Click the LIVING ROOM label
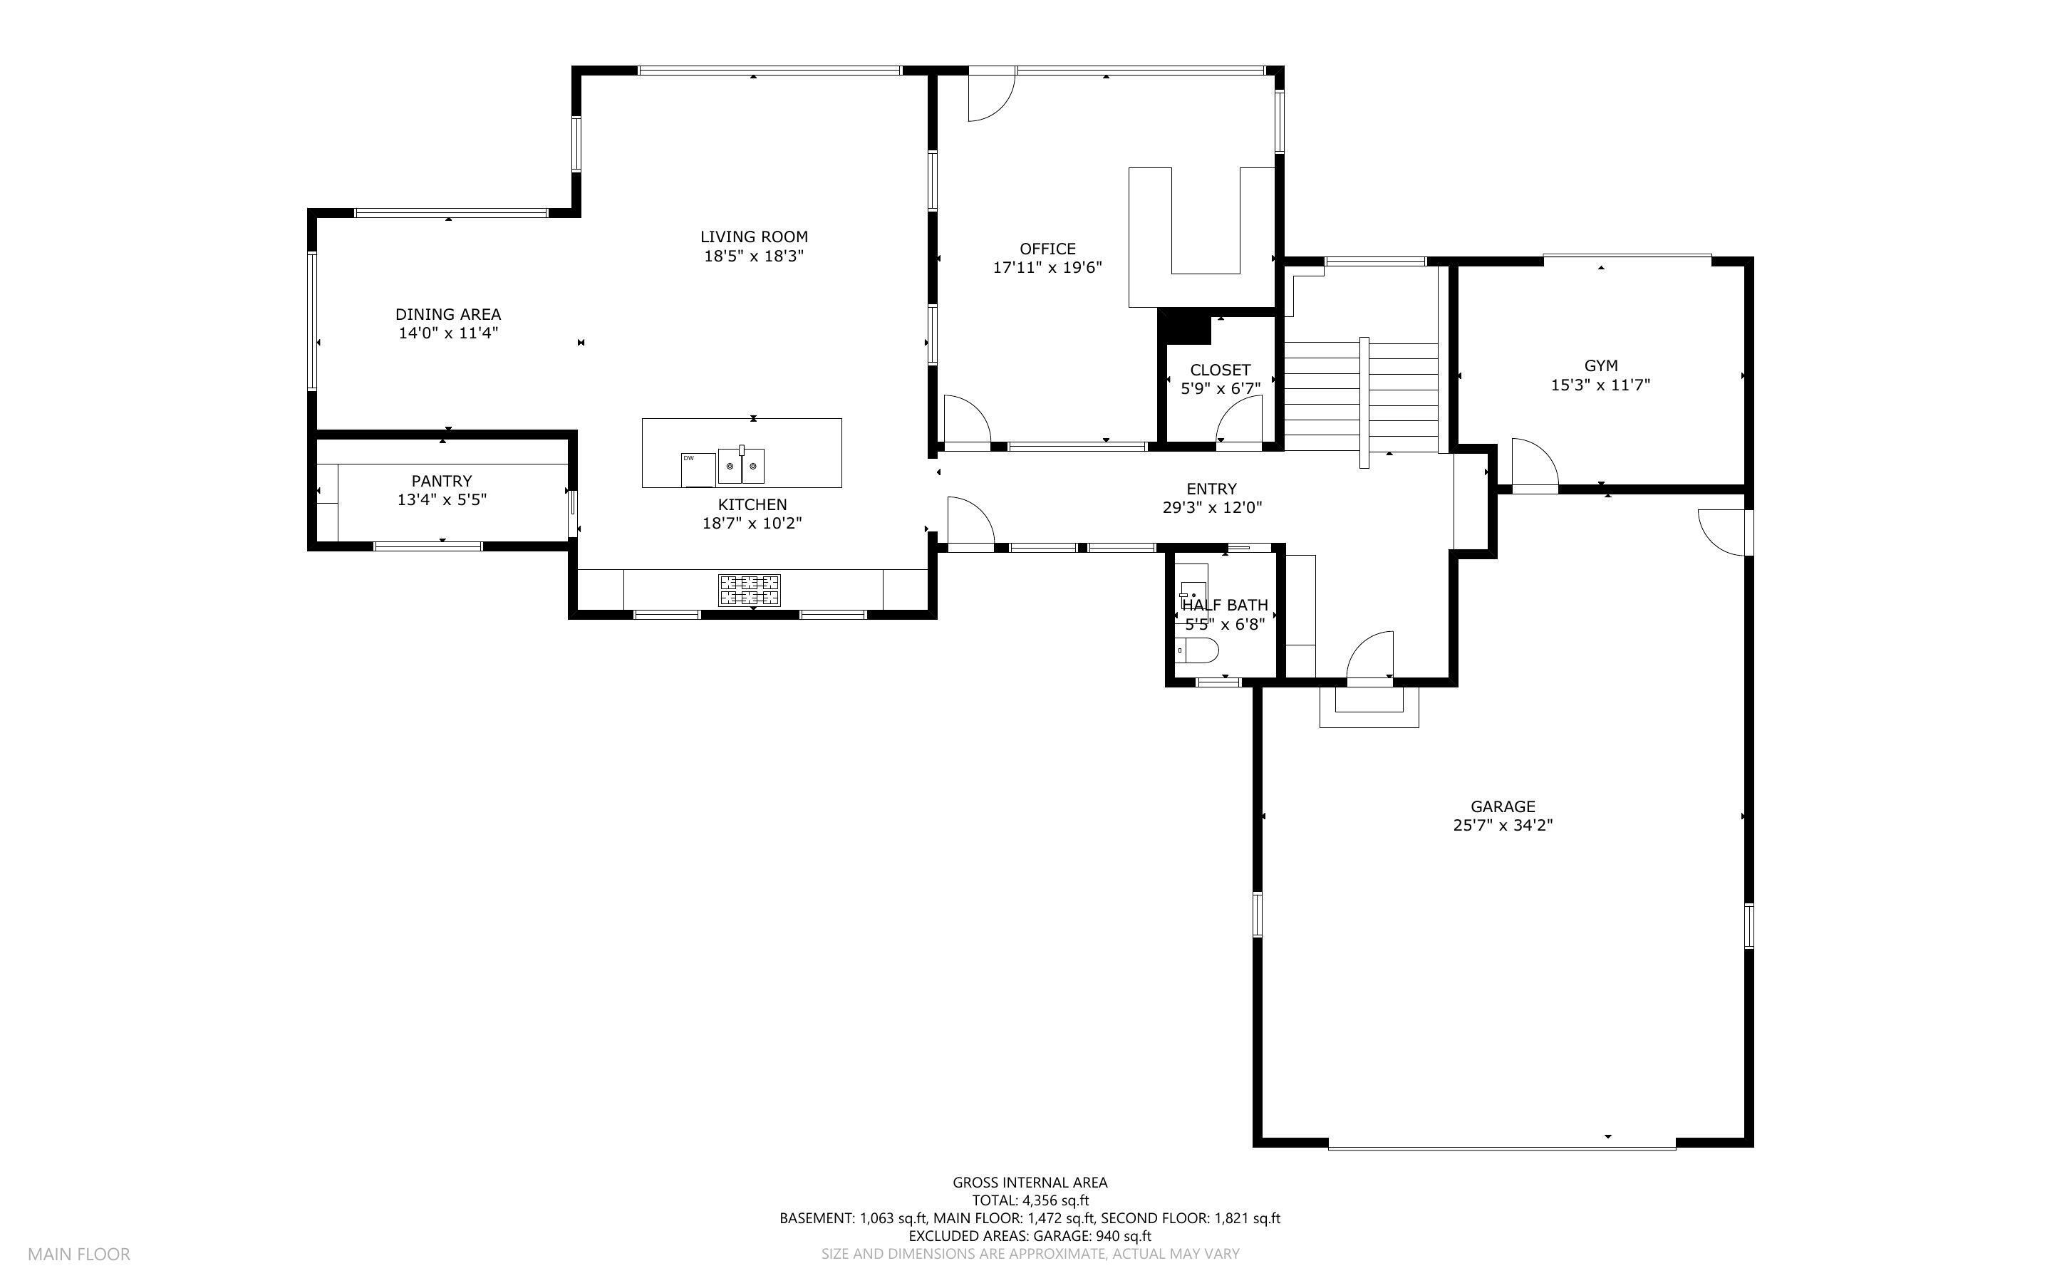pos(754,237)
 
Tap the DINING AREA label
pos(448,314)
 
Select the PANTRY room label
pos(441,482)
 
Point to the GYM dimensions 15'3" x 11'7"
pos(1600,385)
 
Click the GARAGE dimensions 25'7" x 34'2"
pos(1503,826)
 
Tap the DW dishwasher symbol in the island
pos(698,470)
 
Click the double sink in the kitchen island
pos(741,466)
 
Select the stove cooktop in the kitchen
pos(750,589)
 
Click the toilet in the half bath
pos(1198,651)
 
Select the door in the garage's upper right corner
pos(1722,531)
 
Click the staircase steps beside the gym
pos(1361,397)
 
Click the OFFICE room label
pos(1047,249)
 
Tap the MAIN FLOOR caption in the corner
pos(79,1254)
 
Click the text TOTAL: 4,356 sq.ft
pos(1030,1201)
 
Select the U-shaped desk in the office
pos(1201,237)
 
